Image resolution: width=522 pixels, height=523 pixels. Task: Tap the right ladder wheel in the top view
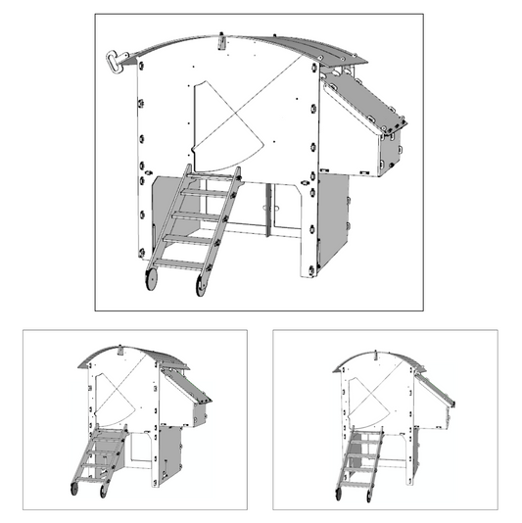(201, 286)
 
